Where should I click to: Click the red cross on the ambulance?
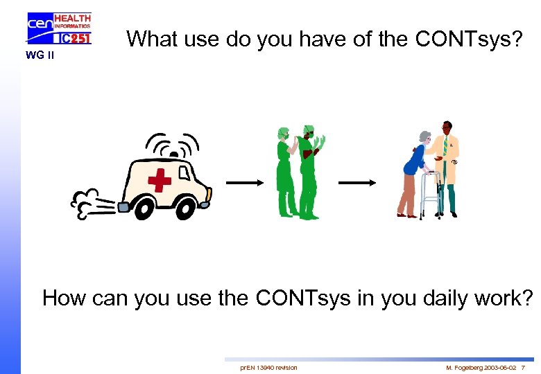160,181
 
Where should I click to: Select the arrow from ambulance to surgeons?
243,182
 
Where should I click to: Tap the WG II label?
40,55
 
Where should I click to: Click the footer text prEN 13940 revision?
268,367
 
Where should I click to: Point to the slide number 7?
522,367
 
